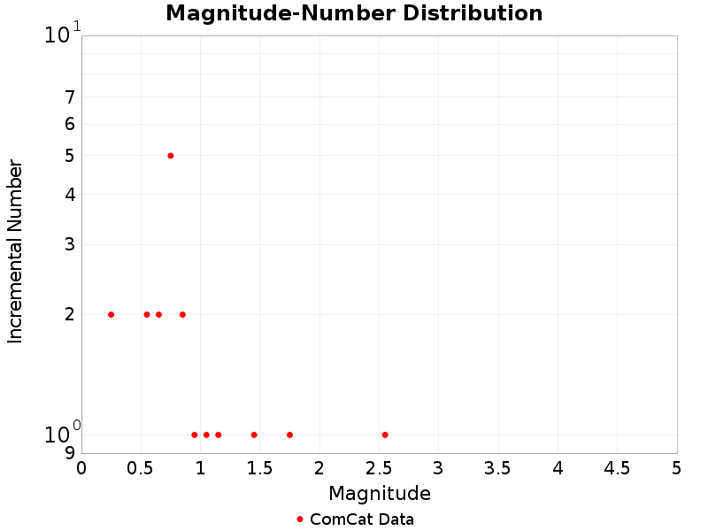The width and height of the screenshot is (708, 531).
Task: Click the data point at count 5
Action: coord(171,156)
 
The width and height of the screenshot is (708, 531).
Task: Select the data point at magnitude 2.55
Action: coord(385,435)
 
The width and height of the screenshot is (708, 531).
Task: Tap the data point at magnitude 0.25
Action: coord(111,314)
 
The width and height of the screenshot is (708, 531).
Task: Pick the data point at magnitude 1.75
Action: coord(289,435)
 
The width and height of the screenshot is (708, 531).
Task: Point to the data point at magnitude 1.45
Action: coord(254,435)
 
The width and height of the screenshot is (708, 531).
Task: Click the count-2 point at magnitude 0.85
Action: coord(182,314)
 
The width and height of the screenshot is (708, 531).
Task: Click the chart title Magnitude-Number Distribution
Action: coord(354,13)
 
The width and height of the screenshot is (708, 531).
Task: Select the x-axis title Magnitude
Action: coord(380,493)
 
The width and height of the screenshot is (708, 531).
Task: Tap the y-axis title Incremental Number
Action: coord(15,251)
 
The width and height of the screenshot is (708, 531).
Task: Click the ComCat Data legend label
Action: coord(362,519)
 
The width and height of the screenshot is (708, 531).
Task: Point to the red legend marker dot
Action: coord(300,519)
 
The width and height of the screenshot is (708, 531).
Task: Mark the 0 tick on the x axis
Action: coord(82,466)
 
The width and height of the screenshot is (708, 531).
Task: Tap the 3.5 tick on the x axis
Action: coord(498,466)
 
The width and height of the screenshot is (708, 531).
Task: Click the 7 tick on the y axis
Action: coord(70,97)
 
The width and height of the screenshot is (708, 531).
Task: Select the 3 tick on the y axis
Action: coord(70,244)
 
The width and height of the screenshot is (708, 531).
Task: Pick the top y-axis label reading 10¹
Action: coord(62,35)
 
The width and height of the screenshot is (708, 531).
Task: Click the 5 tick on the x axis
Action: coord(677,466)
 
